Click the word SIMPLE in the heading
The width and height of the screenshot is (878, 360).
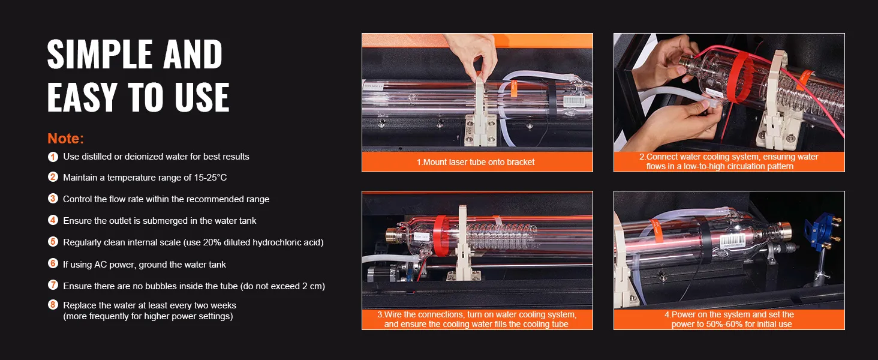[100, 54]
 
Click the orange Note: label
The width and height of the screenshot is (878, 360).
[65, 139]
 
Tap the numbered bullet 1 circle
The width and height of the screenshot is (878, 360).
[53, 157]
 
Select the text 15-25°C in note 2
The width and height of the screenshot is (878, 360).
[211, 178]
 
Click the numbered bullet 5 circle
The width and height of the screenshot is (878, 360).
[53, 242]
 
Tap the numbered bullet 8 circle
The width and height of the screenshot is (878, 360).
[53, 304]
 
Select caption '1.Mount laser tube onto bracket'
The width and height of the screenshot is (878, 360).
[476, 162]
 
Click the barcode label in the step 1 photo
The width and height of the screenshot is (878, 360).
[574, 101]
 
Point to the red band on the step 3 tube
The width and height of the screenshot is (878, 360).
[441, 236]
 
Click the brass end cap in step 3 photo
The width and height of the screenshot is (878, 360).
[392, 235]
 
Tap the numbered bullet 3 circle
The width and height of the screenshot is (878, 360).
[53, 199]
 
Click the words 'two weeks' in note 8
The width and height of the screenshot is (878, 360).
[217, 305]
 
